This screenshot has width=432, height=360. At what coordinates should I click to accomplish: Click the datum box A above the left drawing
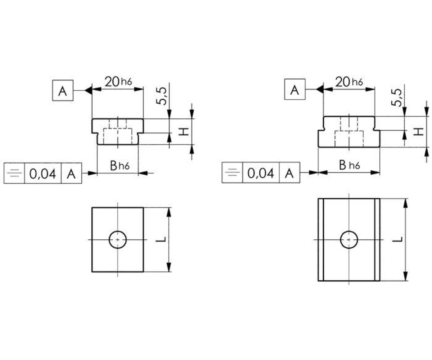[x=63, y=90]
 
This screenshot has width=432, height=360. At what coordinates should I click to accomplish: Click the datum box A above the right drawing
[x=295, y=89]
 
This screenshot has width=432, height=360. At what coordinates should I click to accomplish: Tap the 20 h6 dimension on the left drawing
[x=118, y=82]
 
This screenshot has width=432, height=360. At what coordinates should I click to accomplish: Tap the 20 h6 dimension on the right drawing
[x=349, y=82]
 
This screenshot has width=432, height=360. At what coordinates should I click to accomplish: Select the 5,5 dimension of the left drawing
[x=161, y=96]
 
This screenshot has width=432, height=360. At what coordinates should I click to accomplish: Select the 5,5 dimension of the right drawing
[x=396, y=98]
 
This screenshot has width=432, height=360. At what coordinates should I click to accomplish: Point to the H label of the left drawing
[x=184, y=131]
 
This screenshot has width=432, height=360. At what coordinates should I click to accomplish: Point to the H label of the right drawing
[x=419, y=132]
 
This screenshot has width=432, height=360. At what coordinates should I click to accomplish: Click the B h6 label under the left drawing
[x=120, y=166]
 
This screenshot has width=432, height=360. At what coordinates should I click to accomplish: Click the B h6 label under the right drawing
[x=350, y=165]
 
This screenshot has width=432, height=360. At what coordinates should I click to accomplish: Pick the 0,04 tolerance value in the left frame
[x=42, y=174]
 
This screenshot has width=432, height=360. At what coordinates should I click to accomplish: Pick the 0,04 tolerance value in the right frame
[x=261, y=173]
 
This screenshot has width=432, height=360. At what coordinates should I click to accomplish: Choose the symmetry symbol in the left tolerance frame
[x=14, y=173]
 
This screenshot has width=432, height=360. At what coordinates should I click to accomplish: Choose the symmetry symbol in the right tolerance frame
[x=232, y=172]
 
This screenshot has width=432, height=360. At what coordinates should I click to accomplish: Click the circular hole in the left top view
[x=117, y=240]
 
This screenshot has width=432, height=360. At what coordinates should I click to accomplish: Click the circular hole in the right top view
[x=349, y=240]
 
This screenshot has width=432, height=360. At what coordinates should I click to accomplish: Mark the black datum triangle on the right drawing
[x=320, y=89]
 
